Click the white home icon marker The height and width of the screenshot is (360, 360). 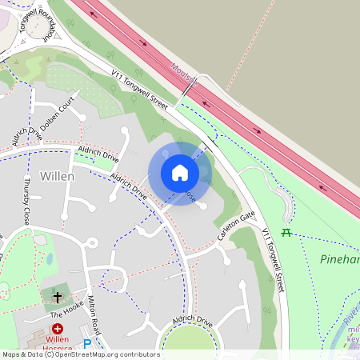(x=180, y=173)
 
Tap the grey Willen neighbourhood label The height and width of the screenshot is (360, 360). (x=57, y=176)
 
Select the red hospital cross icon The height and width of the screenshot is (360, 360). (x=58, y=329)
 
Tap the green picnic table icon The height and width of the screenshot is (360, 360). (x=286, y=233)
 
